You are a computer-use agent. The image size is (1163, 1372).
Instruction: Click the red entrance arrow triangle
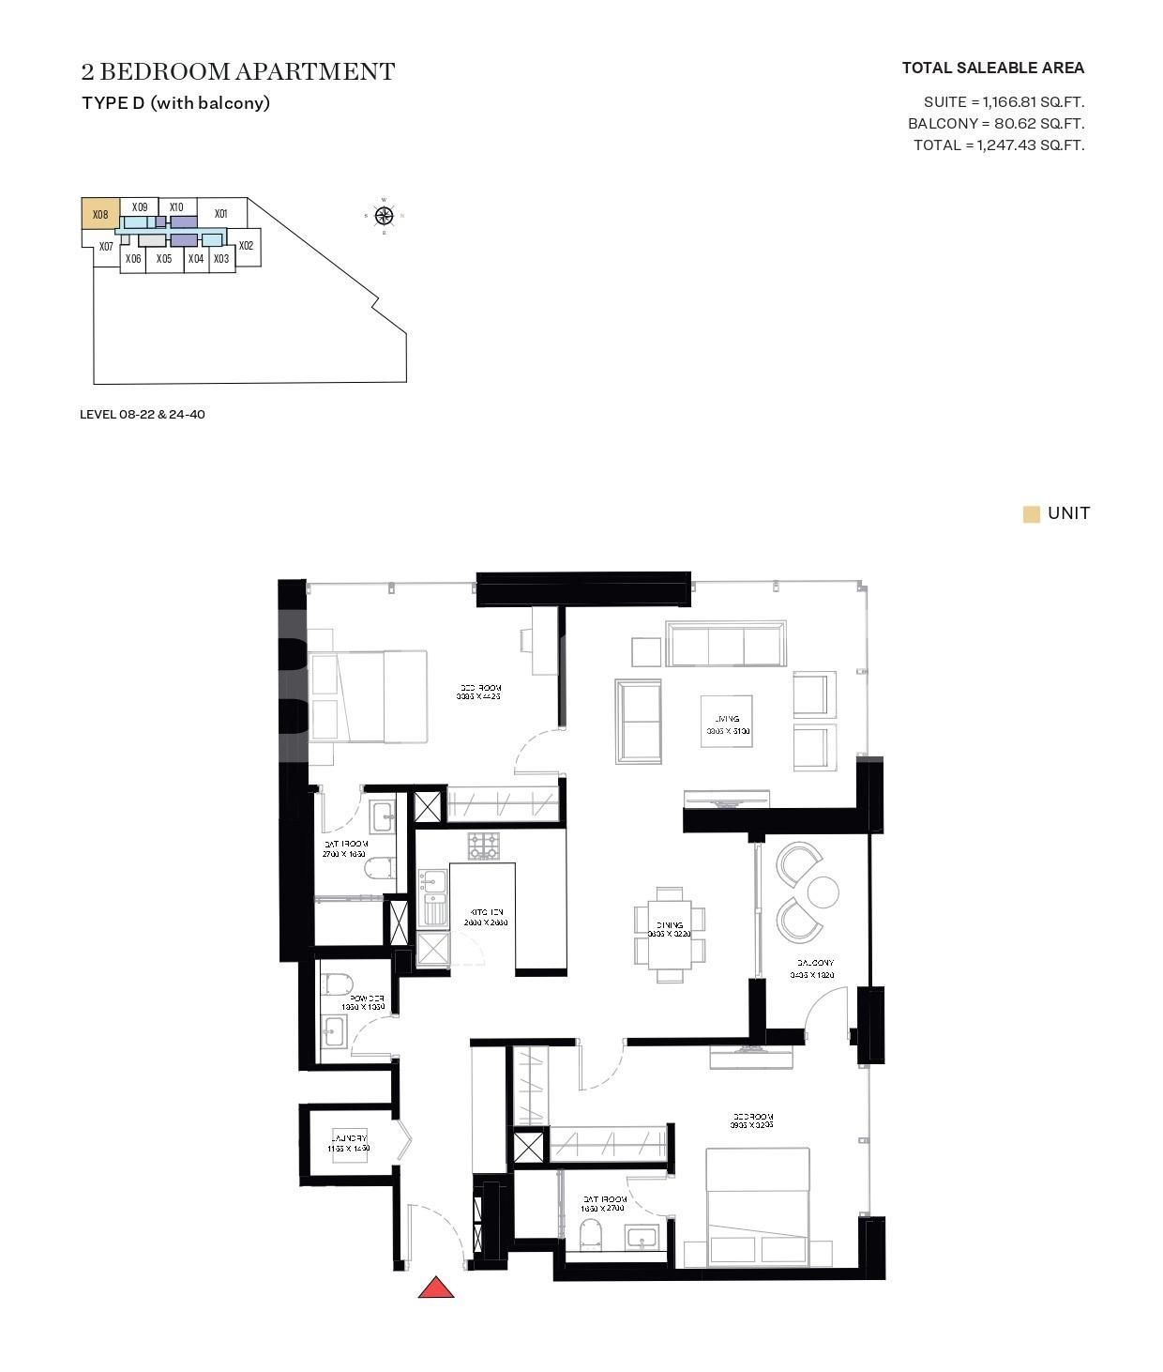point(435,1288)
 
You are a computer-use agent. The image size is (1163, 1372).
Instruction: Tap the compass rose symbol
point(384,216)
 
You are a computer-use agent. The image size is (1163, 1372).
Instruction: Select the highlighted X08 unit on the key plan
point(99,214)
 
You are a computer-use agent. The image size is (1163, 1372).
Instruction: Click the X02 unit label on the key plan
point(246,246)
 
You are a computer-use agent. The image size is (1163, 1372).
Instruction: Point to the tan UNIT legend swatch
point(1031,514)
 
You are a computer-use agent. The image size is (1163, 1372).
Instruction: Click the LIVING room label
point(727,720)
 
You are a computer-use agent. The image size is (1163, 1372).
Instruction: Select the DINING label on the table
point(670,925)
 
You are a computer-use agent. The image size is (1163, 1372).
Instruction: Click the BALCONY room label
point(815,963)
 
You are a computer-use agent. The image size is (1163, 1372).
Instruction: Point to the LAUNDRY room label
point(348,1137)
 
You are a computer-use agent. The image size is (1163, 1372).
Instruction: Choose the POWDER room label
point(364,998)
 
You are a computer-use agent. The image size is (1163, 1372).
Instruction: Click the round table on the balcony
point(823,892)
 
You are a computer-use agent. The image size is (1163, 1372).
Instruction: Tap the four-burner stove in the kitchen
point(485,846)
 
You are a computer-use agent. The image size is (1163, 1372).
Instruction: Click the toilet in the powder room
point(337,984)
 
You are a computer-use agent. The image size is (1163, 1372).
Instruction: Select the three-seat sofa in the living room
point(726,644)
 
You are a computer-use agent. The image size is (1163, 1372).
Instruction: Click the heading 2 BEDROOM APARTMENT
point(238,72)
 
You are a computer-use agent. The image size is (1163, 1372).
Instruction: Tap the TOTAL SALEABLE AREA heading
point(992,68)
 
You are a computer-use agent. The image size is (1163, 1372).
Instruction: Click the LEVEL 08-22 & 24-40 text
point(143,414)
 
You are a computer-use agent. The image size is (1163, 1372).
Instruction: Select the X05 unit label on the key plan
point(164,258)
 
